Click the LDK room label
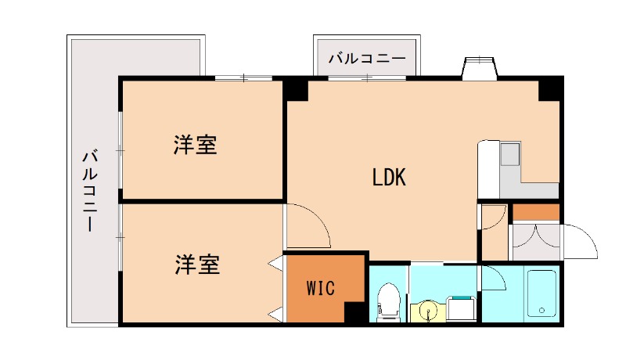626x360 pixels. [x=389, y=178]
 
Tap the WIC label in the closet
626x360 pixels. [x=321, y=288]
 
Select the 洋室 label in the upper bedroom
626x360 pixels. [x=195, y=145]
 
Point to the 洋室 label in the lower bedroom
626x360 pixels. [x=197, y=265]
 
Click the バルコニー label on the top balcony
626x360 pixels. [x=367, y=59]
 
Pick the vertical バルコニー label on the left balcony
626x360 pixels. [x=90, y=190]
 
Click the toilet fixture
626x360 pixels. [x=387, y=302]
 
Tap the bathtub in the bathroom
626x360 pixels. [x=541, y=293]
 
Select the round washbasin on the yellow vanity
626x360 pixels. [x=428, y=311]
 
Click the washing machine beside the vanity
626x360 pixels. [x=461, y=308]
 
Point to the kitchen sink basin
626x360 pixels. [x=510, y=154]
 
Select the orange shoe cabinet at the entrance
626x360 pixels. [x=536, y=212]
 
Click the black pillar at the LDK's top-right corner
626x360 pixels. [x=550, y=88]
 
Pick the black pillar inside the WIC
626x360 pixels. [x=354, y=312]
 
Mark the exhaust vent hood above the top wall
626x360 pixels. [x=480, y=67]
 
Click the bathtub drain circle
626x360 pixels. [x=541, y=310]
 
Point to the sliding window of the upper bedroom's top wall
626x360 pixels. [x=243, y=77]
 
